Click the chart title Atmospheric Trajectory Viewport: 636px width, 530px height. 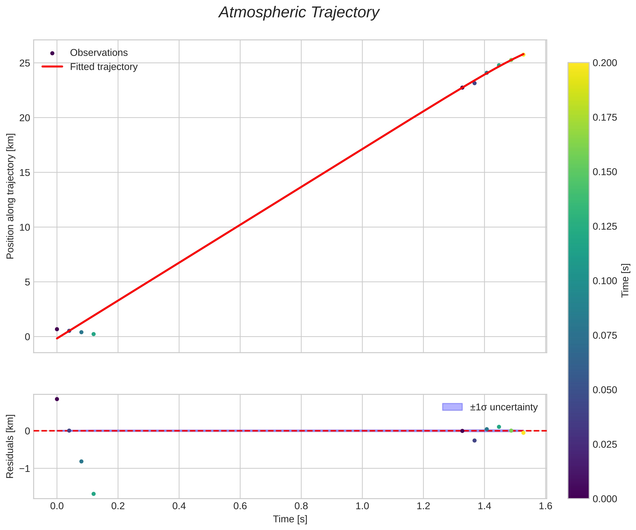(299, 13)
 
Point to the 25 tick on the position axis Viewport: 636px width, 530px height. (25, 63)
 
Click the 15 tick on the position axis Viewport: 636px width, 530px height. (25, 173)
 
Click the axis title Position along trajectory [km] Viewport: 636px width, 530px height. (10, 196)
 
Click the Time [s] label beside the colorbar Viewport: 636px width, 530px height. (625, 281)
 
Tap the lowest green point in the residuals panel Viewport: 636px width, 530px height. (94, 494)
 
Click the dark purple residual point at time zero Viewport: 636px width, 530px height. (57, 399)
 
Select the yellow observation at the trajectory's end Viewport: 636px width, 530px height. (523, 55)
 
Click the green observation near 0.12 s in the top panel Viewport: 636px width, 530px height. (94, 334)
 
